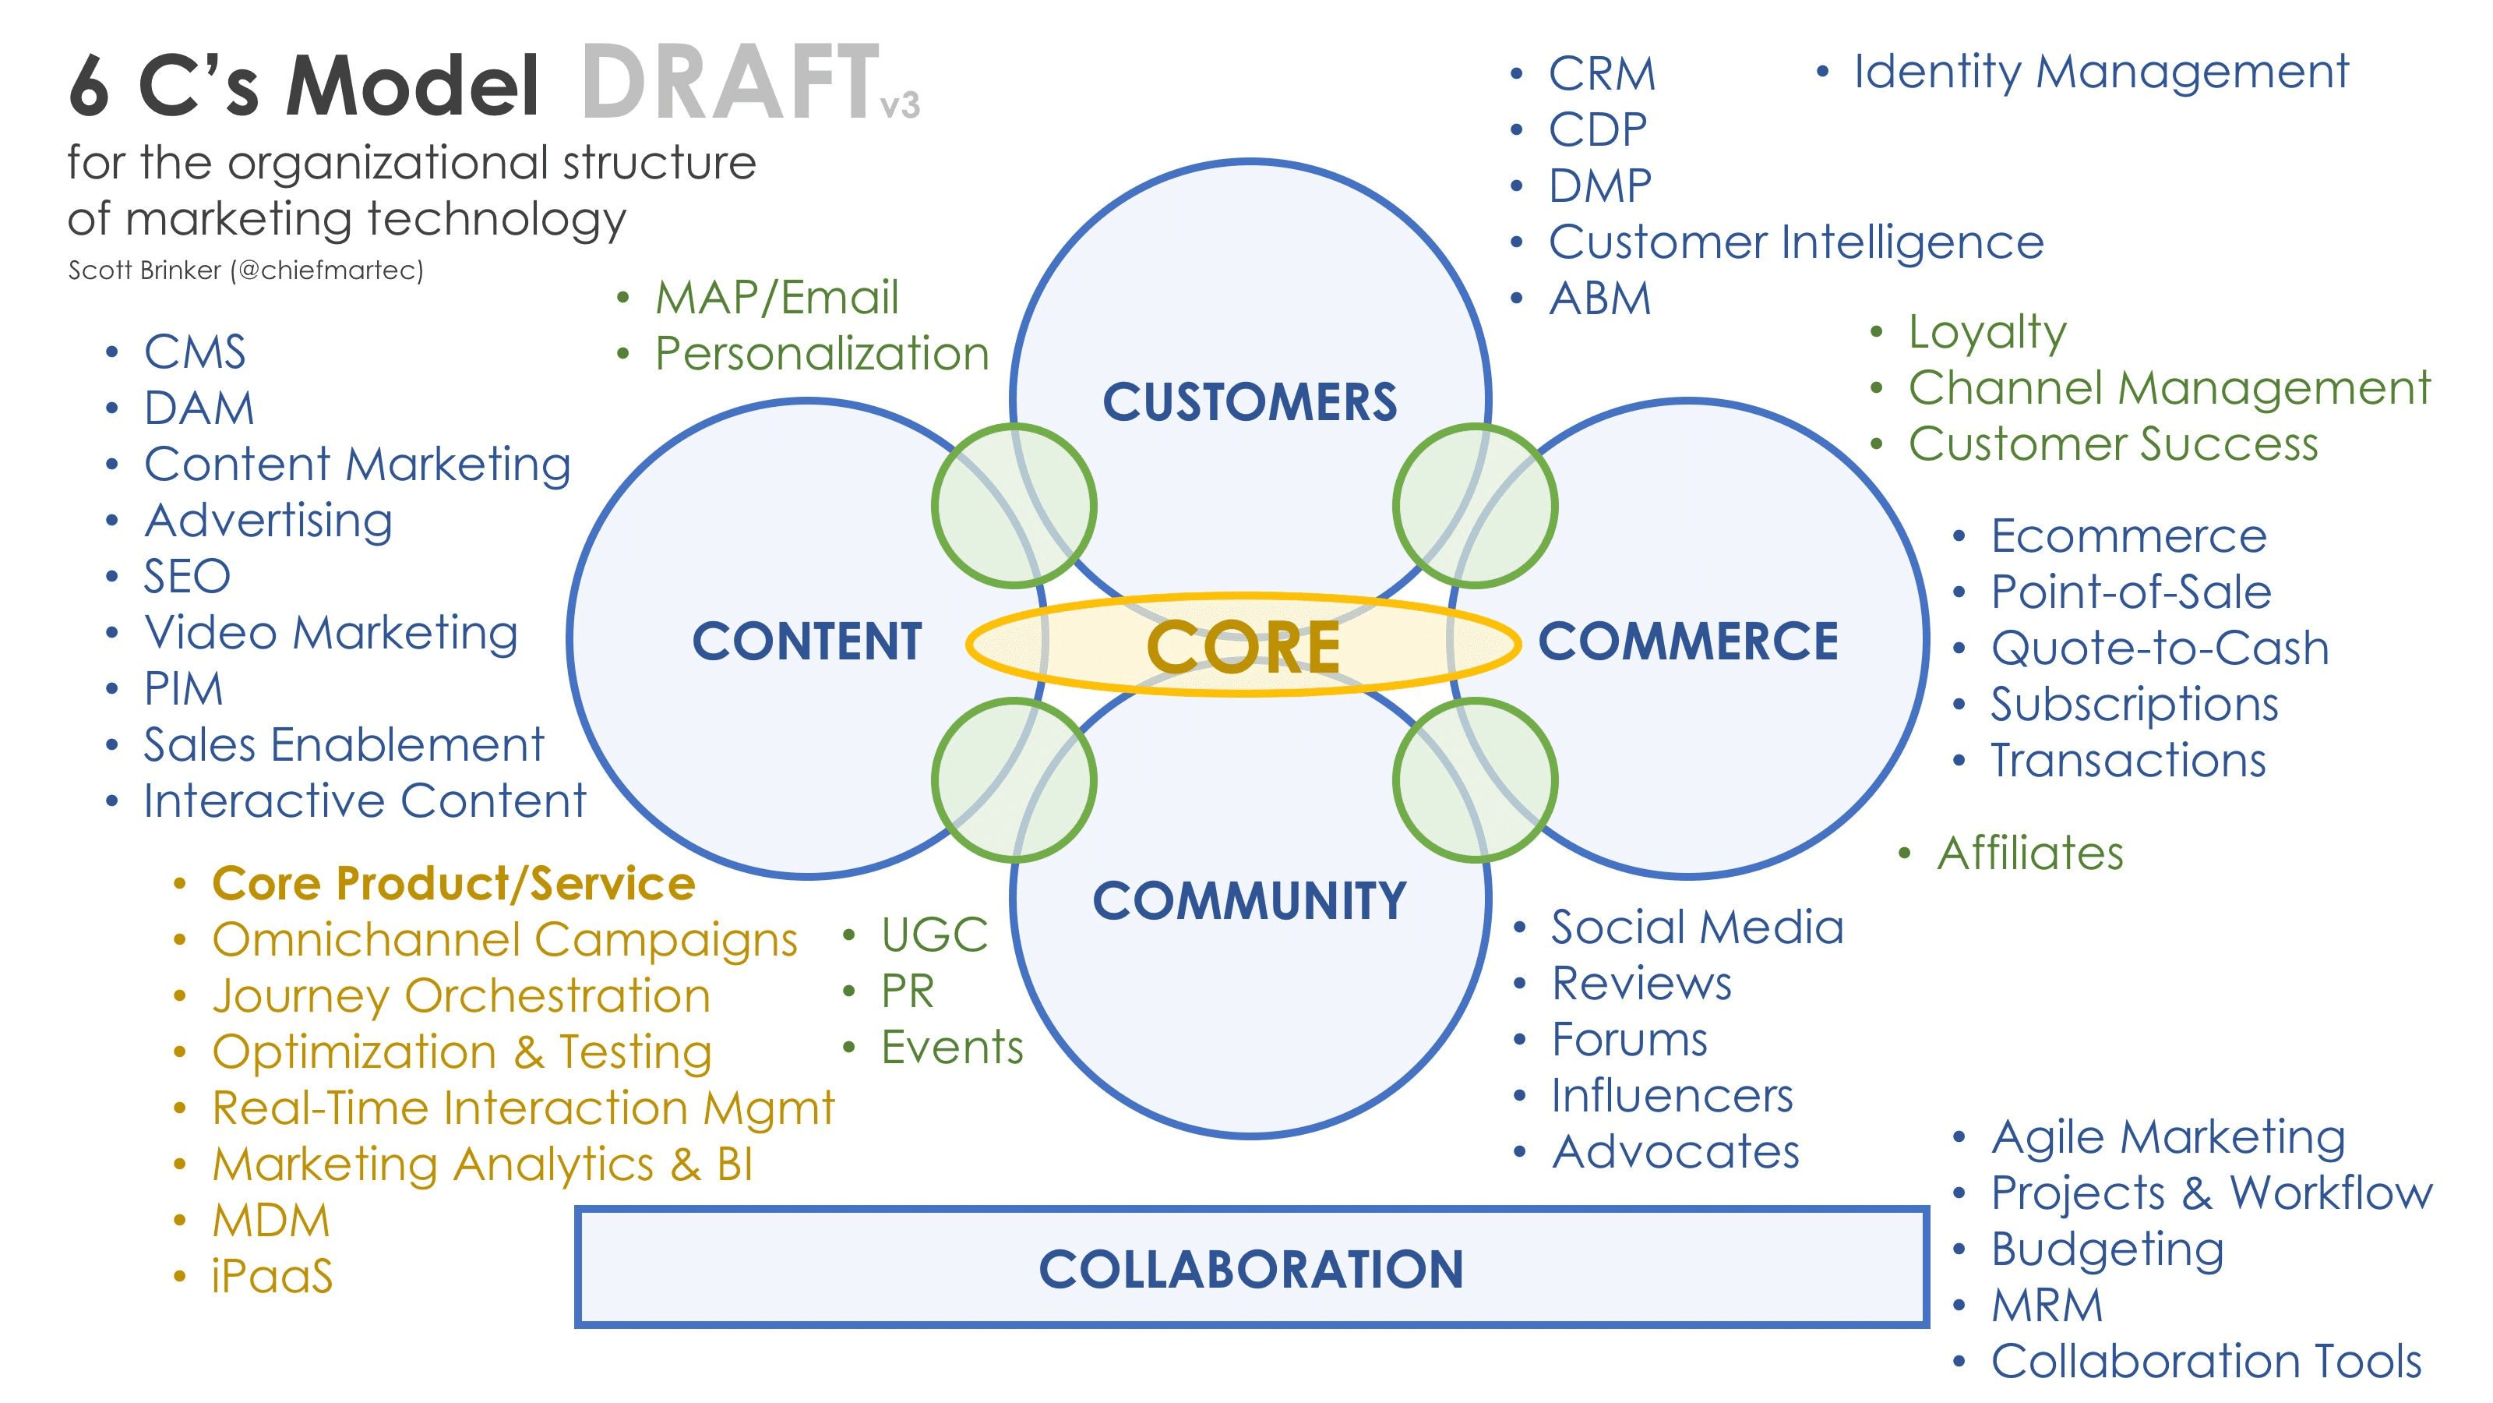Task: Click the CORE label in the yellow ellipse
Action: click(1243, 647)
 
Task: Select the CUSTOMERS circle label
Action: click(1250, 402)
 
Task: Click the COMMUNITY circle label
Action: click(1250, 900)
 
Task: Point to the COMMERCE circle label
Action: click(1687, 641)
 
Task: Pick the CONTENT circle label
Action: click(807, 641)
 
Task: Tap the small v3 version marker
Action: click(900, 104)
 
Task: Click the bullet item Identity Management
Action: click(2100, 72)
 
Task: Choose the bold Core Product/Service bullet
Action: click(453, 883)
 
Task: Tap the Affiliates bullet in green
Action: click(2029, 853)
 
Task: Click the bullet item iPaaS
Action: click(272, 1275)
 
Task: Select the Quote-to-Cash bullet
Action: click(2159, 648)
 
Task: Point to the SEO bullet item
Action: click(187, 576)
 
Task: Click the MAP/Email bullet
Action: click(776, 297)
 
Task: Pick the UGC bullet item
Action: click(934, 935)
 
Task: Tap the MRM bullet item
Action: click(2047, 1304)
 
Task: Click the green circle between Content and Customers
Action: click(1014, 505)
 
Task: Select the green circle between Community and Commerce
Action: click(1474, 780)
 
